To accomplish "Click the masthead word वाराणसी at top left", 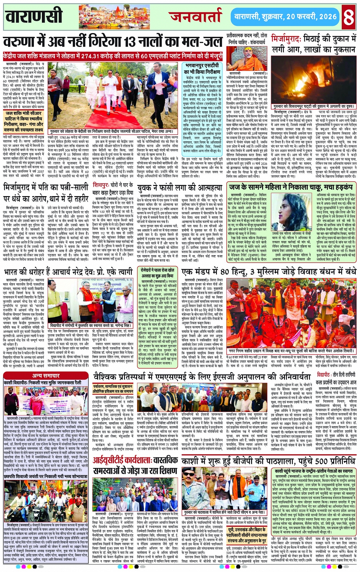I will pos(34,16).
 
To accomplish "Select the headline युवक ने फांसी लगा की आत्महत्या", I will pos(180,188).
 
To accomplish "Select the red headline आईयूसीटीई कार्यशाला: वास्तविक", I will pos(136,460).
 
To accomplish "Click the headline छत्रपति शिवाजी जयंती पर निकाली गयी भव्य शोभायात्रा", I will pos(45,476).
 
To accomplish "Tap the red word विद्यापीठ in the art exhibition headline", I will pos(323,375).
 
